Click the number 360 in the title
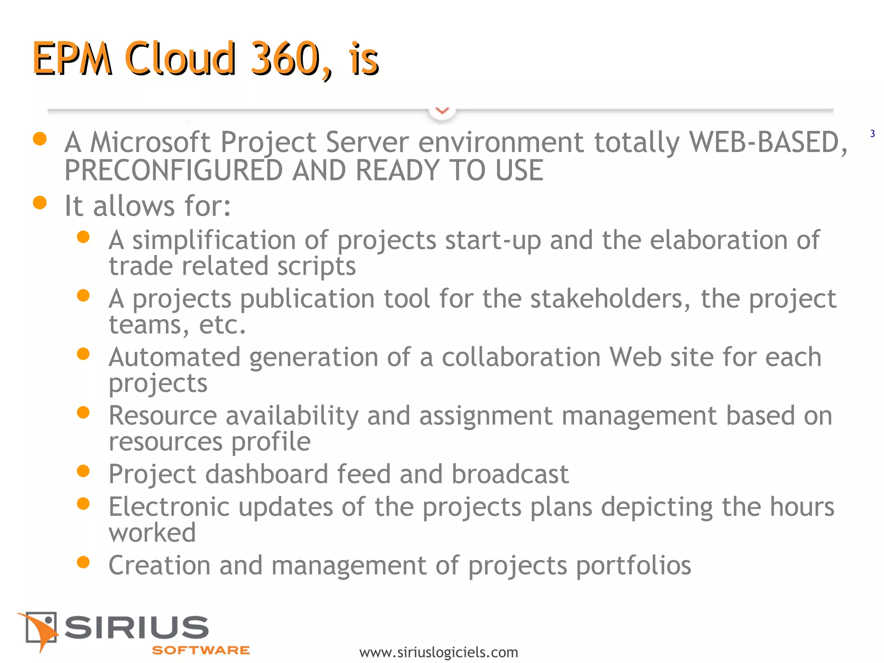(x=285, y=59)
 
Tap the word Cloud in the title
(x=180, y=59)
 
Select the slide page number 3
(x=872, y=134)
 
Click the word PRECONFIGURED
(x=173, y=170)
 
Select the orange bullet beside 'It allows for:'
(x=40, y=202)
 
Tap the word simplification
(x=214, y=240)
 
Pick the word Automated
(x=174, y=357)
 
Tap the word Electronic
(x=169, y=507)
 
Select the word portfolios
(x=633, y=565)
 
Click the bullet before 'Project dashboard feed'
(x=83, y=471)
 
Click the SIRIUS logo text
(x=136, y=628)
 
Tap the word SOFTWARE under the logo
(x=201, y=650)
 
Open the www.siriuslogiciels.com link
(x=439, y=652)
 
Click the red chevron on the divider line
(x=442, y=111)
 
